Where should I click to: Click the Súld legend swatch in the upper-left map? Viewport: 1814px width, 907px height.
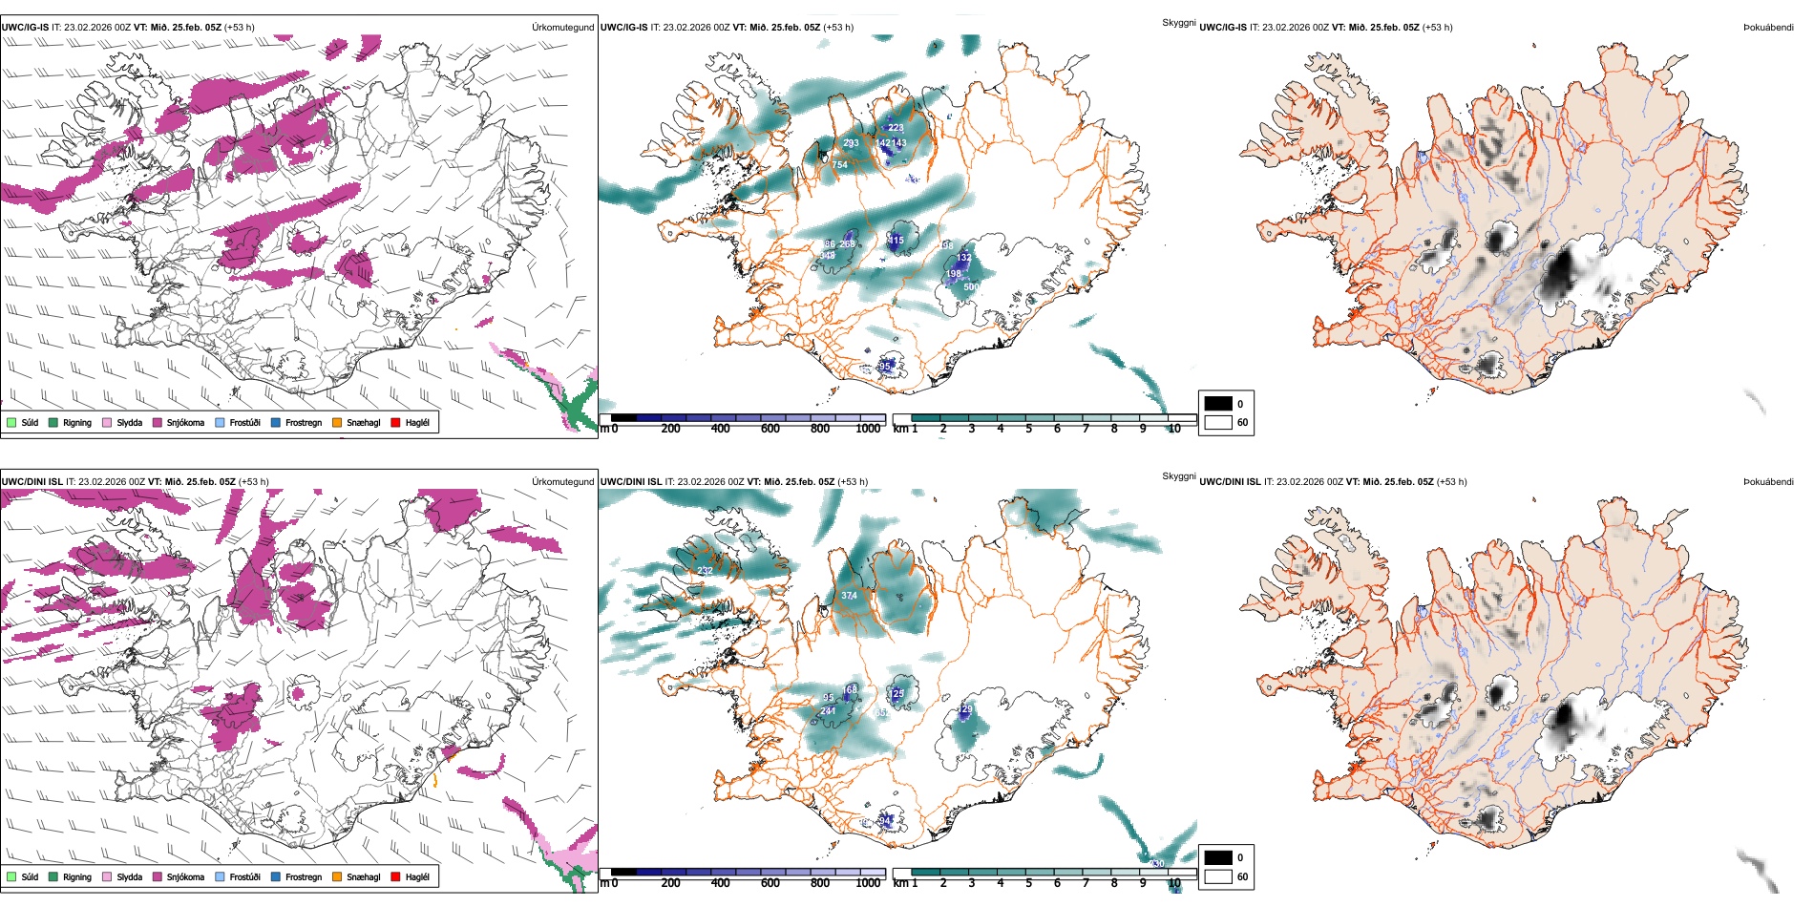[11, 422]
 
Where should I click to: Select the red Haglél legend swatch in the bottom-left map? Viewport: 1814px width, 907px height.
[395, 876]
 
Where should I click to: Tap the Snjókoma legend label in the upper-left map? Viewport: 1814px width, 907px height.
[185, 423]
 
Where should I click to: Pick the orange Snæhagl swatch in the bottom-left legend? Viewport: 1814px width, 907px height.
[337, 876]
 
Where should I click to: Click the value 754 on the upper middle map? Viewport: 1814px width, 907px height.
[839, 165]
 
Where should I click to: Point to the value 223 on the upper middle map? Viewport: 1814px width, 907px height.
[896, 128]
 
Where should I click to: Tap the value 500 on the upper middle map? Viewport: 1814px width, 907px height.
[971, 287]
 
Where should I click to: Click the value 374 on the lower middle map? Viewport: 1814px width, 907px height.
[849, 596]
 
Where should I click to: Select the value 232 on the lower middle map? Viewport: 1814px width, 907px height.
[705, 571]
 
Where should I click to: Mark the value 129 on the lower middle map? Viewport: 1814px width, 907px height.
[966, 709]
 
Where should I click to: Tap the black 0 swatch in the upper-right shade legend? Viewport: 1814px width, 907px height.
[1218, 404]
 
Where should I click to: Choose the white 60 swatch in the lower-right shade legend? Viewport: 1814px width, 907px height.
[1218, 876]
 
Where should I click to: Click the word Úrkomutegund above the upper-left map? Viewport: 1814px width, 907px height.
[562, 28]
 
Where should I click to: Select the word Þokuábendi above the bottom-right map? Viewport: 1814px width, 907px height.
[1768, 482]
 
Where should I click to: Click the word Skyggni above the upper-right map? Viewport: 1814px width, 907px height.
[1178, 23]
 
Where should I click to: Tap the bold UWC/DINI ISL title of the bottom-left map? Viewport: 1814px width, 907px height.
[32, 482]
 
